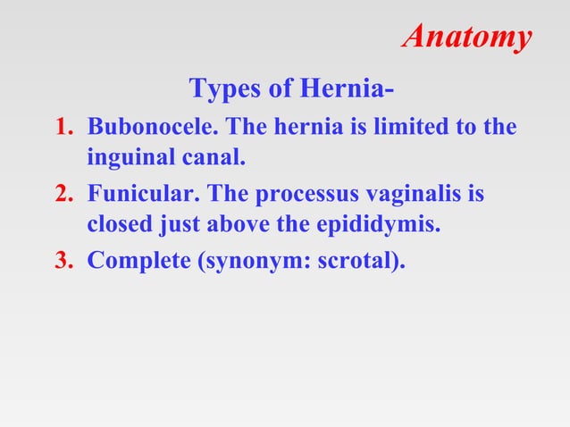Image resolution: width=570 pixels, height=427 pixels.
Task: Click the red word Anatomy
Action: point(467,38)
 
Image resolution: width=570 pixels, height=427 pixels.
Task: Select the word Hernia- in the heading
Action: point(343,89)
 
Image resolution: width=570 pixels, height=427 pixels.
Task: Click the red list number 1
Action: point(64,127)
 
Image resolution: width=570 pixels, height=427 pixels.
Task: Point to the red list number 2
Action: point(64,193)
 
